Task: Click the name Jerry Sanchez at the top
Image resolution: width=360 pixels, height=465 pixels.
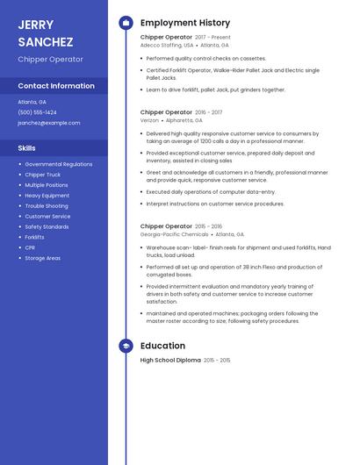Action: tap(46, 32)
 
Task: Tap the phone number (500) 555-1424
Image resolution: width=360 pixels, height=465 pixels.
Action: tap(37, 112)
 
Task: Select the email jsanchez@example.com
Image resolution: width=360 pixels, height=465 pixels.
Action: tap(48, 123)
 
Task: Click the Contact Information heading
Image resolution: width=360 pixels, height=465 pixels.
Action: tap(56, 86)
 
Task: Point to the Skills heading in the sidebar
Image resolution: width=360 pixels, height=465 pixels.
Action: tap(27, 148)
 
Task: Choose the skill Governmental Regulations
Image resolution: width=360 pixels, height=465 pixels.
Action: tap(58, 164)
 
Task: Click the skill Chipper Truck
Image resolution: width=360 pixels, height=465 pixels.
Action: tap(42, 175)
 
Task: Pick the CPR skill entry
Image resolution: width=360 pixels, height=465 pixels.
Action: tap(30, 247)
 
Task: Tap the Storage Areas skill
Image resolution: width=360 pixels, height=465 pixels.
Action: tap(42, 258)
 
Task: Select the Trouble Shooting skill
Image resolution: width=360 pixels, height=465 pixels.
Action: tap(47, 206)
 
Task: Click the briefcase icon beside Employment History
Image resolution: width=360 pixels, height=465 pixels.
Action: tap(126, 23)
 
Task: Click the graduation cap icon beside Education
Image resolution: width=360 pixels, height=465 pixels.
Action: tap(126, 347)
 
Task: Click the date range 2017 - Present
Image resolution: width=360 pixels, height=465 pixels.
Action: tap(212, 38)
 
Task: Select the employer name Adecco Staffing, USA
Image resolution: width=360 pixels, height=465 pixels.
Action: tap(167, 45)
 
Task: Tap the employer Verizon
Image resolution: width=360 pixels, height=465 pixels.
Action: tap(150, 120)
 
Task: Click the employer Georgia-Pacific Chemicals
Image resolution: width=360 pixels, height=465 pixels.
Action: tap(175, 234)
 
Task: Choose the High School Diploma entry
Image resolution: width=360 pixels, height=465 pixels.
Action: tap(170, 361)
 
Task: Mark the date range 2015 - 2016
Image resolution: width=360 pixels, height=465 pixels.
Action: tap(209, 226)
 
